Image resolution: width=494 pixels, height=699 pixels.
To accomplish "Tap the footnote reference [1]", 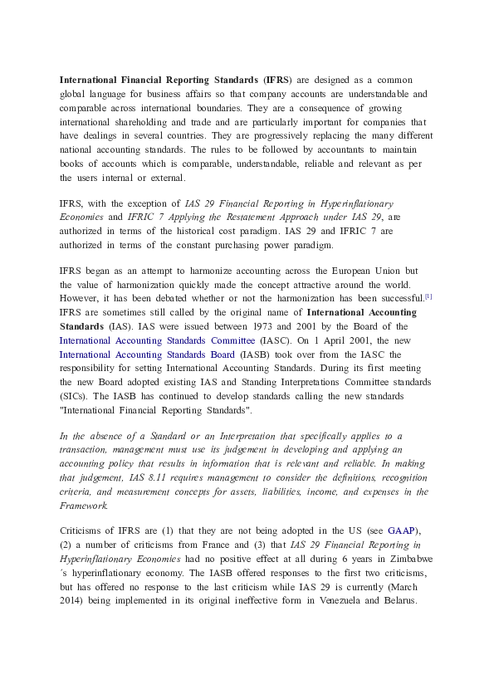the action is pyautogui.click(x=428, y=296).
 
